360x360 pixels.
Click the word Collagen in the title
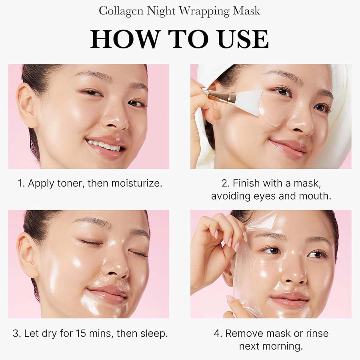tap(121, 11)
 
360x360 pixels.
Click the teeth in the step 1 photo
tap(104, 146)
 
